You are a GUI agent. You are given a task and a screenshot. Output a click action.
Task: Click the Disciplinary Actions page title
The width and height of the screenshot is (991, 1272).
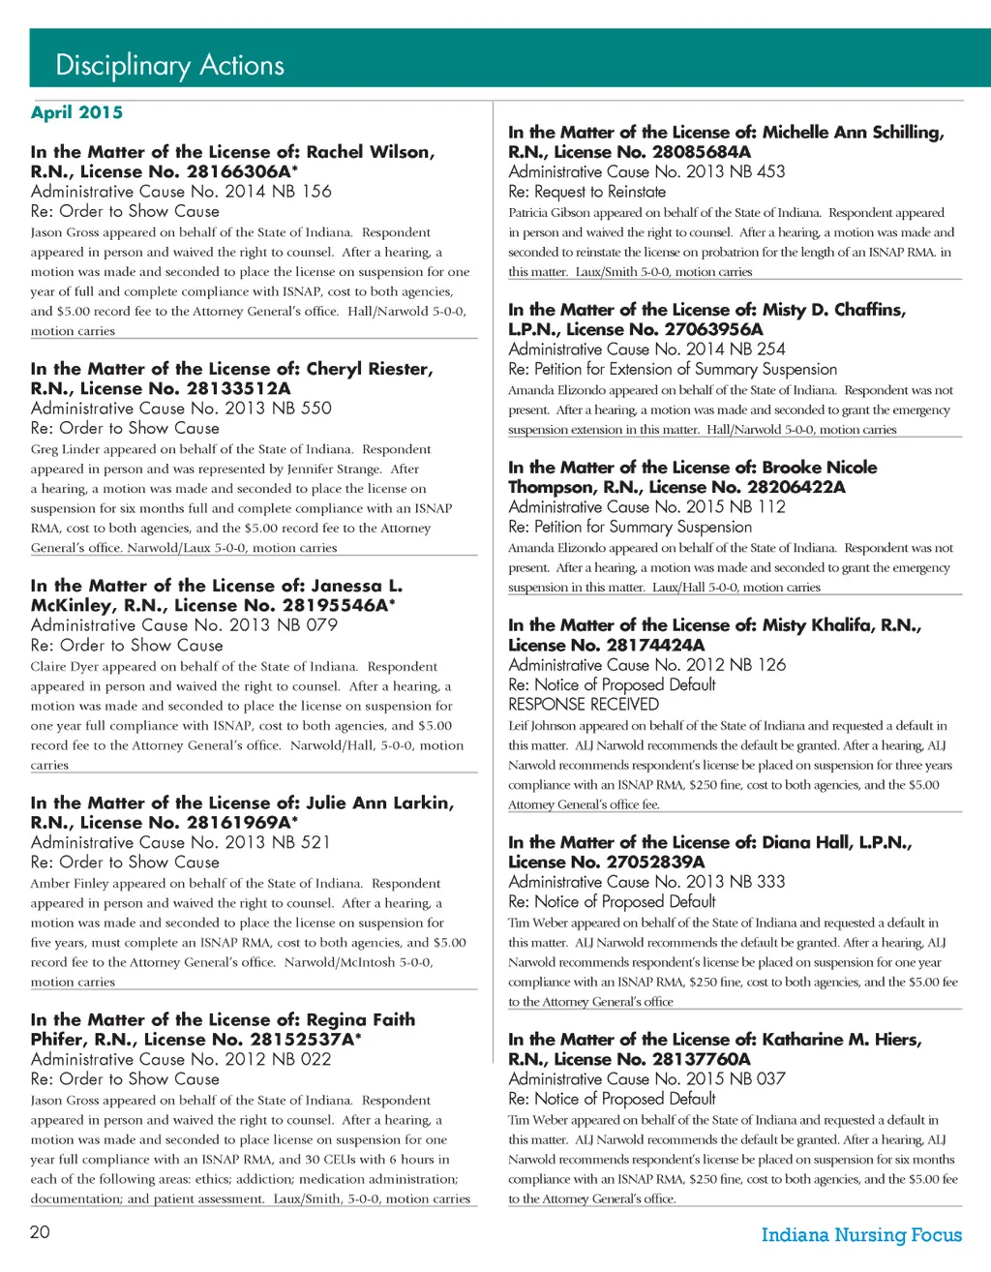pyautogui.click(x=169, y=65)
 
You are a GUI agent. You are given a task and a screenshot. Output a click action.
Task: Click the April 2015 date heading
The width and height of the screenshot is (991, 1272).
pyautogui.click(x=76, y=112)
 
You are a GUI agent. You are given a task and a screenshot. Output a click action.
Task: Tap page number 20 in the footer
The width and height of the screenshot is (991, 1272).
pyautogui.click(x=40, y=1231)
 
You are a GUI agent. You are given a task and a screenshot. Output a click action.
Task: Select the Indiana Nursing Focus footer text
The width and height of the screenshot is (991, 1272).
pyautogui.click(x=861, y=1234)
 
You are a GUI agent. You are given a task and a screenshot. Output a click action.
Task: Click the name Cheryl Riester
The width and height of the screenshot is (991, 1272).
pyautogui.click(x=369, y=369)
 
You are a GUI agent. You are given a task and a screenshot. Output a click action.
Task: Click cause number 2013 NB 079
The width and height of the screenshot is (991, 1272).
pyautogui.click(x=281, y=625)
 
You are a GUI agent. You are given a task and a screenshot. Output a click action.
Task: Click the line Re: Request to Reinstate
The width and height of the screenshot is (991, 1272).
pyautogui.click(x=586, y=192)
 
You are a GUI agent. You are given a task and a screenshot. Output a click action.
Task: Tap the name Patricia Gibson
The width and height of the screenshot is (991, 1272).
pyautogui.click(x=549, y=212)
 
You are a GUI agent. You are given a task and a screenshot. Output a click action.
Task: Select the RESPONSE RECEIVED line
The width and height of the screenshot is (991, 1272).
pyautogui.click(x=583, y=704)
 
